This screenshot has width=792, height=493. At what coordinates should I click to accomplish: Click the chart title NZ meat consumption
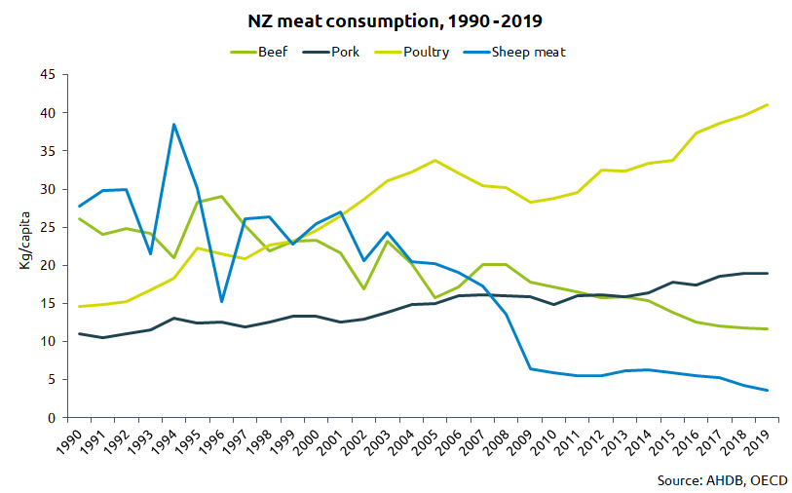pyautogui.click(x=396, y=20)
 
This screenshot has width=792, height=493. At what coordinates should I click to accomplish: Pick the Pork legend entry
pyautogui.click(x=345, y=52)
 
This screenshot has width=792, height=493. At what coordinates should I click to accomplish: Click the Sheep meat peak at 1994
pyautogui.click(x=173, y=125)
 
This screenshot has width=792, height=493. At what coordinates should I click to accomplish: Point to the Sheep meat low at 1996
pyautogui.click(x=221, y=301)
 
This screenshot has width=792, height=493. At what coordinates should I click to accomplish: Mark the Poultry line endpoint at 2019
pyautogui.click(x=768, y=104)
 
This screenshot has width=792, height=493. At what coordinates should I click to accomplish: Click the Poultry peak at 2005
pyautogui.click(x=434, y=160)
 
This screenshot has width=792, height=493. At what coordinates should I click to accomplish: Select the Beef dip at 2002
pyautogui.click(x=363, y=288)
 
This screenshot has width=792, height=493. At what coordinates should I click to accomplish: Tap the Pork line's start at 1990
pyautogui.click(x=80, y=334)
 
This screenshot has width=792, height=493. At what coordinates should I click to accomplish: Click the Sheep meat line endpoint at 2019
pyautogui.click(x=768, y=391)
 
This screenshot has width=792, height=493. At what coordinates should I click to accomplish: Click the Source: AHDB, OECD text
pyautogui.click(x=722, y=480)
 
